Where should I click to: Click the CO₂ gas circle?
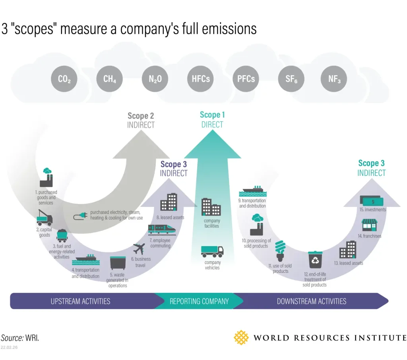click(64, 79)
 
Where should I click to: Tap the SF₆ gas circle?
click(291, 79)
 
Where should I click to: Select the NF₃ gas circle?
click(334, 79)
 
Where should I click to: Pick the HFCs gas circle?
click(201, 79)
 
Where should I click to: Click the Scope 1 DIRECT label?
click(212, 120)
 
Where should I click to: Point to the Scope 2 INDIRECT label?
click(141, 120)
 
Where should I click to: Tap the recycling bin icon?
click(315, 260)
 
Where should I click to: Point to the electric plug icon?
click(80, 216)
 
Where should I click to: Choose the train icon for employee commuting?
click(162, 229)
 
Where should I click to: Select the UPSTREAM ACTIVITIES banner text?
click(80, 301)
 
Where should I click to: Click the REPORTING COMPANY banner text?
click(199, 301)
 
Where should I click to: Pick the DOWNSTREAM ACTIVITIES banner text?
click(312, 301)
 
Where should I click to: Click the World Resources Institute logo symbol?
click(241, 338)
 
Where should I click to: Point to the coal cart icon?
click(62, 235)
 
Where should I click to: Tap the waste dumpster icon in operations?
click(118, 263)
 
